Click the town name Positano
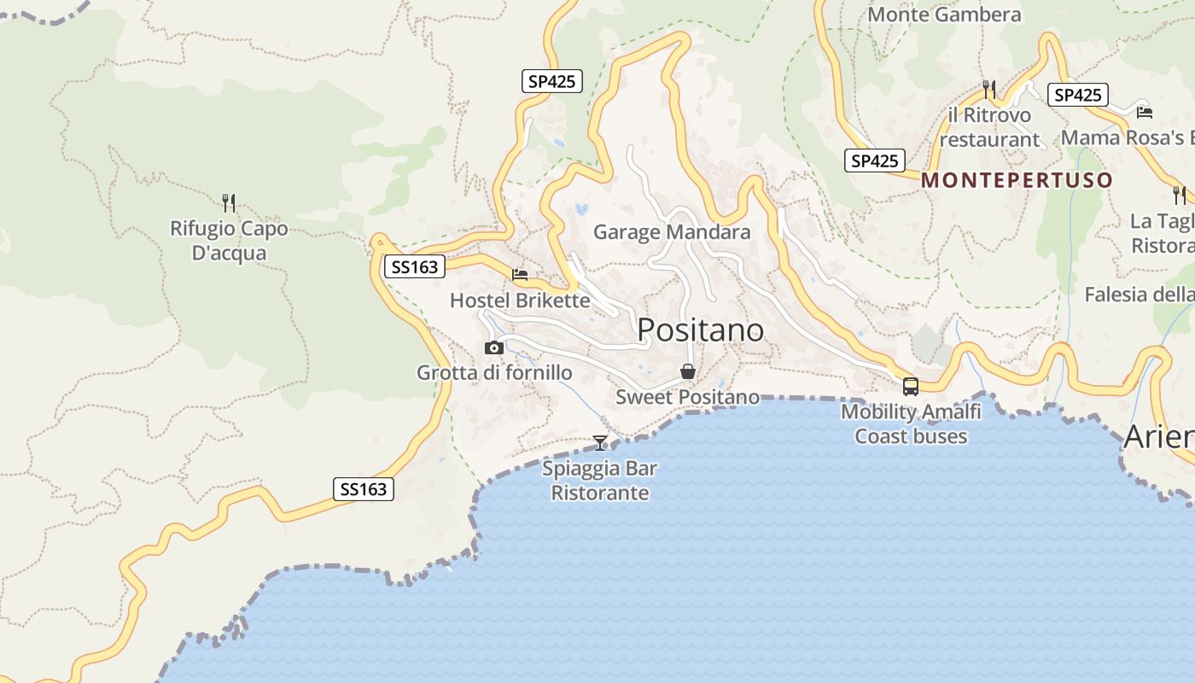(700, 330)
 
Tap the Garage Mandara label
(672, 232)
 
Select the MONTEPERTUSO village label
(1017, 180)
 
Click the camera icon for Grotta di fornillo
(493, 347)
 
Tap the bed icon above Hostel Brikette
(520, 275)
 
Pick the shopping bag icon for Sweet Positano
(687, 371)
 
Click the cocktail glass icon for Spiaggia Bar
(600, 442)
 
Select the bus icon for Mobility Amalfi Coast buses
(911, 386)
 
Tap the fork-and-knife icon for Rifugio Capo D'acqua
(229, 203)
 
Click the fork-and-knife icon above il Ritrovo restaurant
(989, 89)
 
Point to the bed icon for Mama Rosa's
(1145, 112)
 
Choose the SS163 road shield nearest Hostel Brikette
(414, 267)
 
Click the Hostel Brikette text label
(520, 301)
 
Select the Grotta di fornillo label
(494, 373)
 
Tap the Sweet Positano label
(687, 397)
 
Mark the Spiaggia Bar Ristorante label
(600, 481)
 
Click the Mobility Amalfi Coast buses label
(911, 423)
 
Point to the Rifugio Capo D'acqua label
(229, 241)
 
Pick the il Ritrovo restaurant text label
(989, 127)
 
